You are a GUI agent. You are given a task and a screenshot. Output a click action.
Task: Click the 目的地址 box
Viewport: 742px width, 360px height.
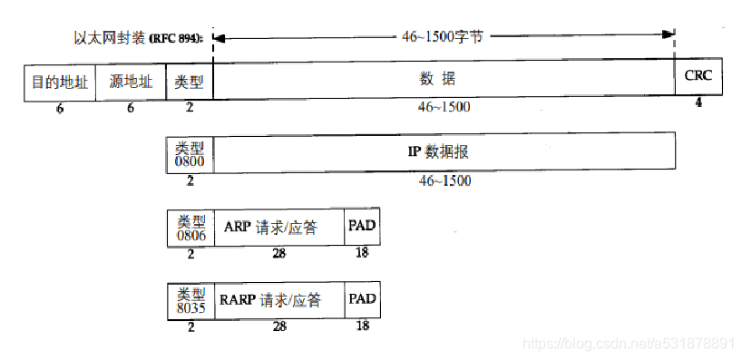[x=59, y=83]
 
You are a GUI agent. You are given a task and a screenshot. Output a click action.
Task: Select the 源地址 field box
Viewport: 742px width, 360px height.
[x=131, y=83]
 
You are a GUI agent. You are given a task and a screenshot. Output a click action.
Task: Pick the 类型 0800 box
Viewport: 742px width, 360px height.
[x=190, y=152]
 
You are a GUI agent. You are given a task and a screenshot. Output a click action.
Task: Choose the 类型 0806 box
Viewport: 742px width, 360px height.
[x=190, y=227]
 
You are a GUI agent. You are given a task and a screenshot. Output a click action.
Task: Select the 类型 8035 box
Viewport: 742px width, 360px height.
[x=190, y=300]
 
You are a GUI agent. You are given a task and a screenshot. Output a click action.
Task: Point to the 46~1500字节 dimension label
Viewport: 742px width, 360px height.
[x=443, y=38]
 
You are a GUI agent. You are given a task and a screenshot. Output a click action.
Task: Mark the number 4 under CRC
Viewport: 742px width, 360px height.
[x=698, y=103]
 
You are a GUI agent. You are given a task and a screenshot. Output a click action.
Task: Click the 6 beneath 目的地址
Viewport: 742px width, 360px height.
[x=59, y=108]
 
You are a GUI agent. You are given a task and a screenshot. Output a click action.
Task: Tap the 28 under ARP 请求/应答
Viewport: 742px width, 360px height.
[x=278, y=254]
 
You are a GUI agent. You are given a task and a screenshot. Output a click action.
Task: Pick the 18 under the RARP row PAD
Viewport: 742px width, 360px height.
[x=362, y=326]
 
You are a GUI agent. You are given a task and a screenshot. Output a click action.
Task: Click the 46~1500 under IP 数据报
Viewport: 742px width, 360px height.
[x=444, y=181]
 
